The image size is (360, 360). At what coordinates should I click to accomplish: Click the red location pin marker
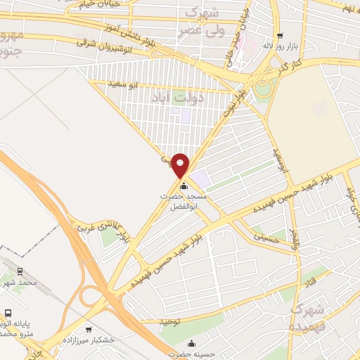(x=181, y=165)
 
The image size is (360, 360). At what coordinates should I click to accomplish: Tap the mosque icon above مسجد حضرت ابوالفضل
(x=184, y=186)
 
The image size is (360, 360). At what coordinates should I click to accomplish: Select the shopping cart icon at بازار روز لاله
(x=281, y=36)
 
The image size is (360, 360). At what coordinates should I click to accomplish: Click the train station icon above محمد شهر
(x=20, y=270)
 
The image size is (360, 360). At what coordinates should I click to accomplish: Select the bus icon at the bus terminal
(x=8, y=314)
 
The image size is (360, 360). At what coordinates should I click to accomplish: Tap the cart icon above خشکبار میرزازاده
(x=89, y=329)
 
